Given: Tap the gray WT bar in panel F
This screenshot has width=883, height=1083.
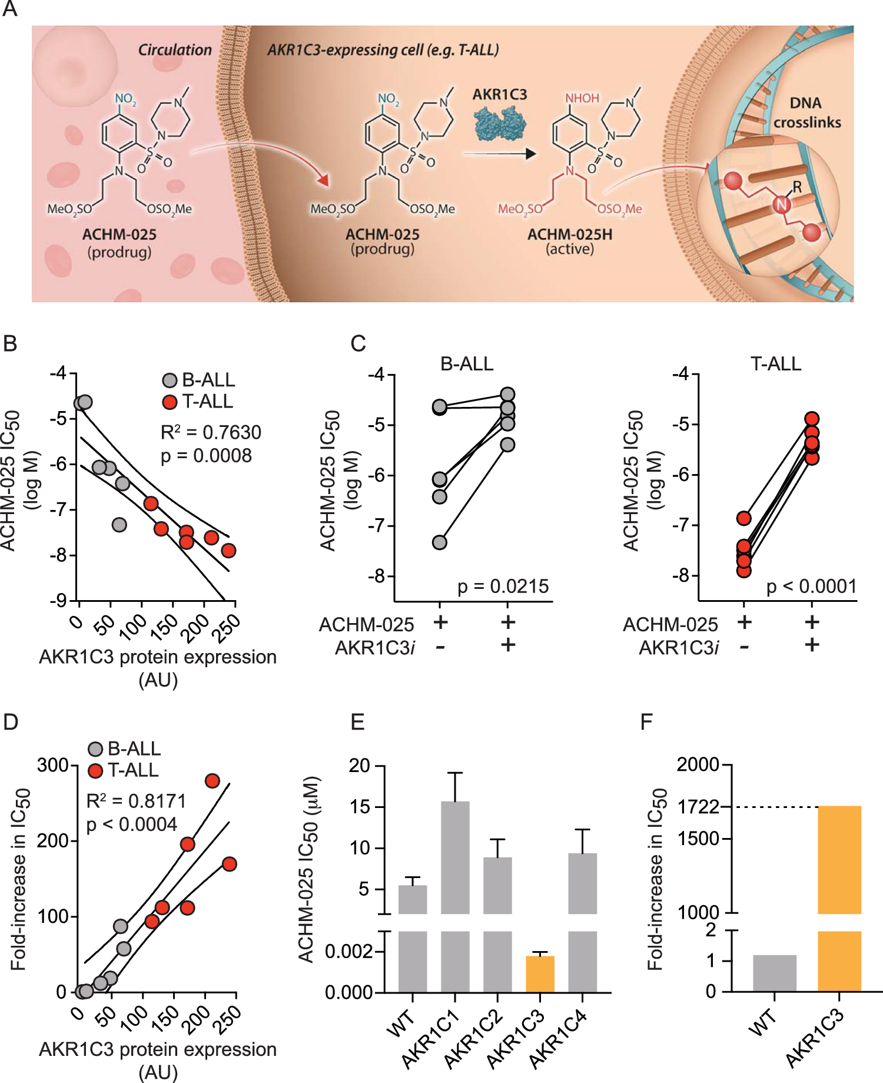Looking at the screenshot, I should coord(774,973).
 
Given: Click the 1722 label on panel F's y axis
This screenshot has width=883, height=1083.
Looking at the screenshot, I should coord(699,807).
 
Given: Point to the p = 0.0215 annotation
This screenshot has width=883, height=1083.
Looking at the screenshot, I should coord(503,587).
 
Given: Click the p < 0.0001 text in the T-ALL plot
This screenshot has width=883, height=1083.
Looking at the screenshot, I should coord(811,587).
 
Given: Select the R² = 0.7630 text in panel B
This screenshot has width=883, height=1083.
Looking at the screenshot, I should coord(211,432).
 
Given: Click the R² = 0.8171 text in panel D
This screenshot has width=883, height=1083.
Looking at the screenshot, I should coord(136,801).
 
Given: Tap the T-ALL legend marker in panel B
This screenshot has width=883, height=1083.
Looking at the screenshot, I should coord(170,402).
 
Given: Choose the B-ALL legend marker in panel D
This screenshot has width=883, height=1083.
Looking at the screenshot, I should coord(95,749).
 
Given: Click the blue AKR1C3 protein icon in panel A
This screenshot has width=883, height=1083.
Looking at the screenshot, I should coord(500,124).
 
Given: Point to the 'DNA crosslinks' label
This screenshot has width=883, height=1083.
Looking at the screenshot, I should coord(806,112).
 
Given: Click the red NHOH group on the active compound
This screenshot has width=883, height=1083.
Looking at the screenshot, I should coord(582,98).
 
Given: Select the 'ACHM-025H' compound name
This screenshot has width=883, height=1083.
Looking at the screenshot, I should coord(569,234).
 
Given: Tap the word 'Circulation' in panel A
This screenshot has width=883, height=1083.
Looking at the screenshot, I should coord(175,50).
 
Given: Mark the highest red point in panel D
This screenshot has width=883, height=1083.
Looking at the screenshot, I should coord(212,781).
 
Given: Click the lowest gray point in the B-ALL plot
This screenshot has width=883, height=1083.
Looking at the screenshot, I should coord(440,542).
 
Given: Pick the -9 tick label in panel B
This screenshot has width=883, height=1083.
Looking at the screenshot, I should coord(58,601).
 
